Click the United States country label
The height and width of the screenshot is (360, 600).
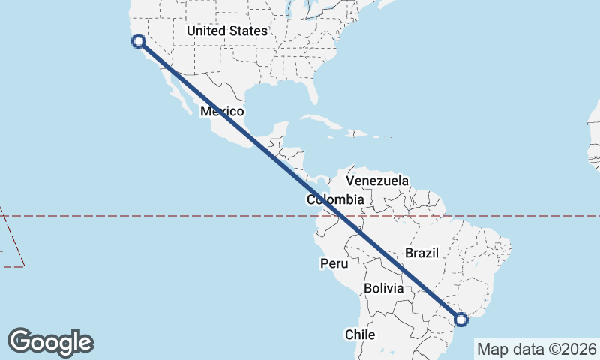[226, 31]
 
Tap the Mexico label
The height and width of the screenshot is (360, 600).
[223, 112]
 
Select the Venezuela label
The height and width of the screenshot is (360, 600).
[377, 181]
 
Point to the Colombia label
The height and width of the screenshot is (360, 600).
[335, 200]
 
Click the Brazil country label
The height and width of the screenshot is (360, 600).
[421, 253]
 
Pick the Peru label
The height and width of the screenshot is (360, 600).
[334, 264]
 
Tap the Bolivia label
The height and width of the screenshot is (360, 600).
[383, 289]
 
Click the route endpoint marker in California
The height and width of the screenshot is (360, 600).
[138, 41]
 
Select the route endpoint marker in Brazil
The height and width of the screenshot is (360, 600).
[461, 320]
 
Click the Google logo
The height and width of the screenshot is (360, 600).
[50, 341]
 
